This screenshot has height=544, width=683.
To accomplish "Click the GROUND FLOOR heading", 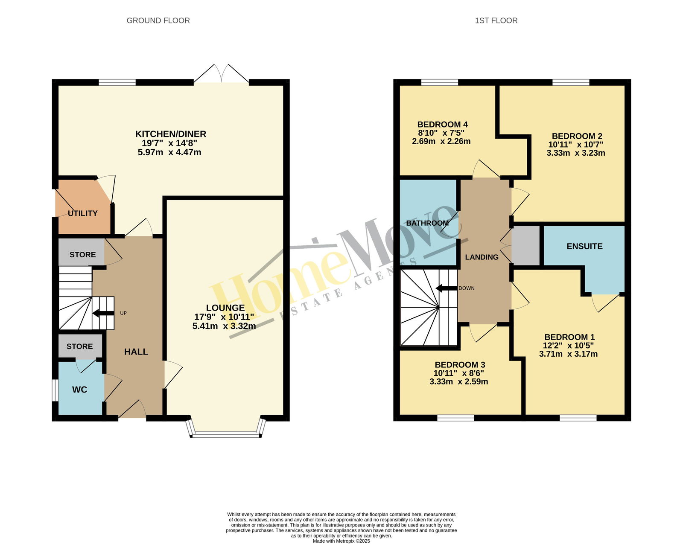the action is point(158,20).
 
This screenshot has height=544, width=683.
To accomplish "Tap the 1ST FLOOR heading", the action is point(496,20).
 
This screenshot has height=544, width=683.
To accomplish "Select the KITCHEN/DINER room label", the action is point(171,134).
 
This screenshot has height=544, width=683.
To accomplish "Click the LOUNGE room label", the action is point(225,308).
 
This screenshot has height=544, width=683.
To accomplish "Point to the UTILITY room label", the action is point(83,213).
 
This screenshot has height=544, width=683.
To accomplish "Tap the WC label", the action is point(80,390).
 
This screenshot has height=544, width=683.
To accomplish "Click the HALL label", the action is point(136,352).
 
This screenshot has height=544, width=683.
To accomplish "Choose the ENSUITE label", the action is point(585,246).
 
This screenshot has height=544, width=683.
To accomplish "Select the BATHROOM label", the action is point(427,223).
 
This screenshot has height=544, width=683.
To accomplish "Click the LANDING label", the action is point(482,257).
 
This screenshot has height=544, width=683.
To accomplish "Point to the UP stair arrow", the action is point(103,313).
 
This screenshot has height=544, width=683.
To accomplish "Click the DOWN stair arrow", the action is point(447,288).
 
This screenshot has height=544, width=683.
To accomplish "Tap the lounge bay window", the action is point(226,434).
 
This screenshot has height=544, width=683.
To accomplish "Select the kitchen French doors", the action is point(221,74).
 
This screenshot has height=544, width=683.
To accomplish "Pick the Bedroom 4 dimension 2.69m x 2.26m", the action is point(441,142).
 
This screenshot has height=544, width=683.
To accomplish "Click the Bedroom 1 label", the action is point(569,337).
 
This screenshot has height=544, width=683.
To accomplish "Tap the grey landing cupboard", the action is point(525,246).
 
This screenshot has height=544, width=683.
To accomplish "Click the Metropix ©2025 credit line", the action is point(341,541).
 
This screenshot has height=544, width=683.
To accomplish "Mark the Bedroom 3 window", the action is point(455,418).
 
